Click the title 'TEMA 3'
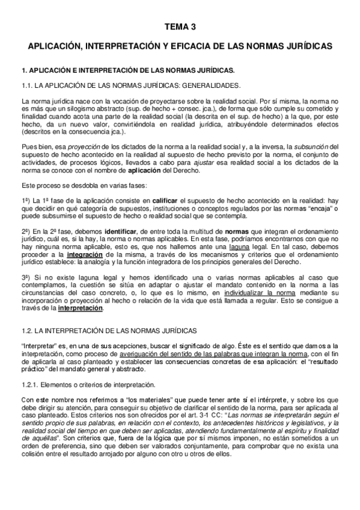tap(180, 27)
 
